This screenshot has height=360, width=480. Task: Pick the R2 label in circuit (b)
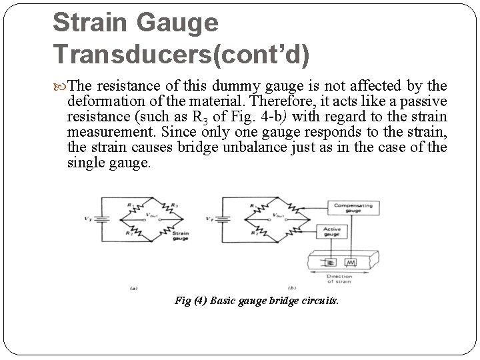(253, 233)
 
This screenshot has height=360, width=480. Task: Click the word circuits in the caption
(323, 301)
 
